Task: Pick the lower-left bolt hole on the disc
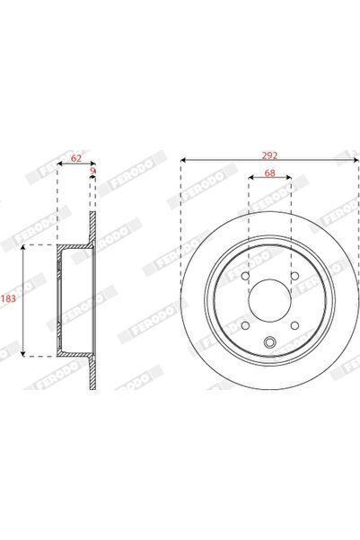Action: point(245,324)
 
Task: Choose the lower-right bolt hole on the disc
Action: point(294,324)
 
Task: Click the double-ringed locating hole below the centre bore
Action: point(269,341)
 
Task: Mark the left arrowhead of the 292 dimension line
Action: point(184,161)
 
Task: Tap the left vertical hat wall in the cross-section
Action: point(59,300)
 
